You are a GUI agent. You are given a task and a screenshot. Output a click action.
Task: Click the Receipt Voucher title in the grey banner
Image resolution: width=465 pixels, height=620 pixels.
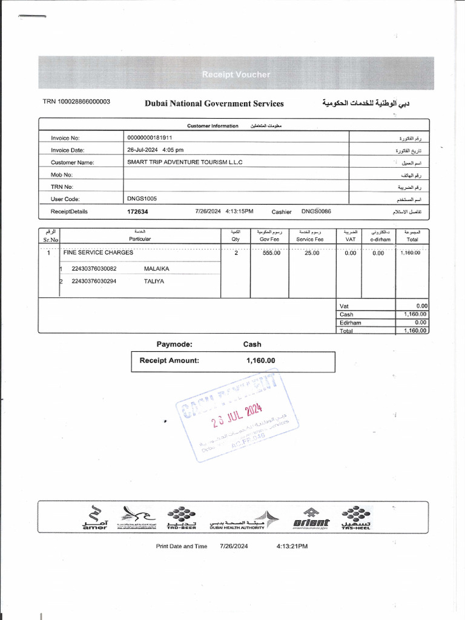[x=236, y=74]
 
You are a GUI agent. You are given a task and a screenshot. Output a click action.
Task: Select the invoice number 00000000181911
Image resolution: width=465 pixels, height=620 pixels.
[x=150, y=138]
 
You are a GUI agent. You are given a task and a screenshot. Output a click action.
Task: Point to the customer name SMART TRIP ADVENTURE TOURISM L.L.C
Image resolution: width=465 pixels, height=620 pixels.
[x=185, y=162]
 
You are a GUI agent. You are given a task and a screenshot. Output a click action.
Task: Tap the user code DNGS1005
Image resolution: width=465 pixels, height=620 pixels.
[x=142, y=199]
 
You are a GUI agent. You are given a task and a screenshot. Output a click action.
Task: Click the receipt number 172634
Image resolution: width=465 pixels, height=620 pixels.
[x=137, y=212]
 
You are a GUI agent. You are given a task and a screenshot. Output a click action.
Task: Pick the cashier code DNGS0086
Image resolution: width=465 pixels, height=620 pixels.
[x=316, y=211]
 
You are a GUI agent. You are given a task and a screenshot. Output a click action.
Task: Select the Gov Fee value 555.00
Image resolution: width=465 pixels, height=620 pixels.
[x=271, y=253]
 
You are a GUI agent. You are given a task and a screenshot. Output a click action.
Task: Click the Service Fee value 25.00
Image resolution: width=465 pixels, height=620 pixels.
[x=311, y=253]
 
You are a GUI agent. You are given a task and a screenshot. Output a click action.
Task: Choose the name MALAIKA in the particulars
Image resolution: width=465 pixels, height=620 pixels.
[x=157, y=268]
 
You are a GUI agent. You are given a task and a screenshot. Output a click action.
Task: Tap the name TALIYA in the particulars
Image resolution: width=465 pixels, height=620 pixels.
[x=154, y=282]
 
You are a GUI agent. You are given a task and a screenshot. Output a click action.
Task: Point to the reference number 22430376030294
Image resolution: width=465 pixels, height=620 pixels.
[x=94, y=282]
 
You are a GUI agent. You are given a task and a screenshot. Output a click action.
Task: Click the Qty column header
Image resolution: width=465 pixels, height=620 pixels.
[x=235, y=239]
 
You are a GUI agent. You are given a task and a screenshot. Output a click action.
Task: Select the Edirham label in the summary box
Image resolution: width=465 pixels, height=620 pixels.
[x=351, y=323]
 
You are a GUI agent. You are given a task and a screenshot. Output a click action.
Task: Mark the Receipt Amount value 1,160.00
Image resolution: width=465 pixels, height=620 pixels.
[x=260, y=361]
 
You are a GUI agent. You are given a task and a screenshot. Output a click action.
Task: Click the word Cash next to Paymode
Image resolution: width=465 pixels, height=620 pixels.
[x=252, y=345]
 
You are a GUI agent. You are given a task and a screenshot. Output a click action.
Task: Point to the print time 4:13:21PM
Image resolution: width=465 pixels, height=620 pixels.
[x=291, y=546]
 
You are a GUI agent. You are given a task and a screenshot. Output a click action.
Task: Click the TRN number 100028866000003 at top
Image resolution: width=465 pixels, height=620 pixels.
[x=76, y=102]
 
